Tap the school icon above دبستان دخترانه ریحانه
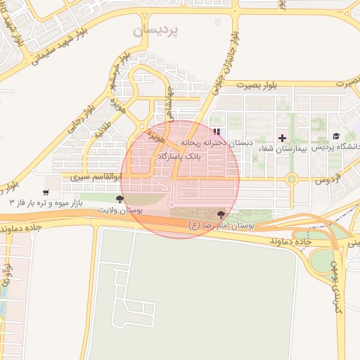coord(217,131)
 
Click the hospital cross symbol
coord(283,137)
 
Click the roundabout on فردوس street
coord(291,179)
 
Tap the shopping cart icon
coord(46,192)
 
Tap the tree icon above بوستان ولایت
coord(127,200)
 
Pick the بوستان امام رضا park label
coord(221,225)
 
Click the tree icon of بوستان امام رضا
coord(221,214)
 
